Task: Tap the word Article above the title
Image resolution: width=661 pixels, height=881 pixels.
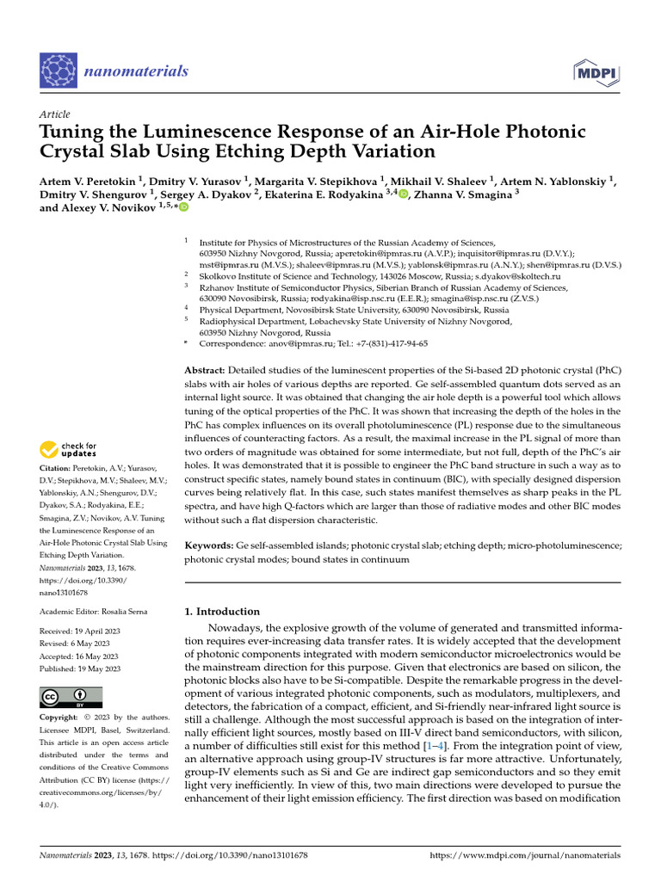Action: (x=55, y=114)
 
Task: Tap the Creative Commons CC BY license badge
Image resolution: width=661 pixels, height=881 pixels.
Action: (x=71, y=696)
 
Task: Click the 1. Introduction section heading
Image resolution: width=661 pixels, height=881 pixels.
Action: (x=223, y=612)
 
